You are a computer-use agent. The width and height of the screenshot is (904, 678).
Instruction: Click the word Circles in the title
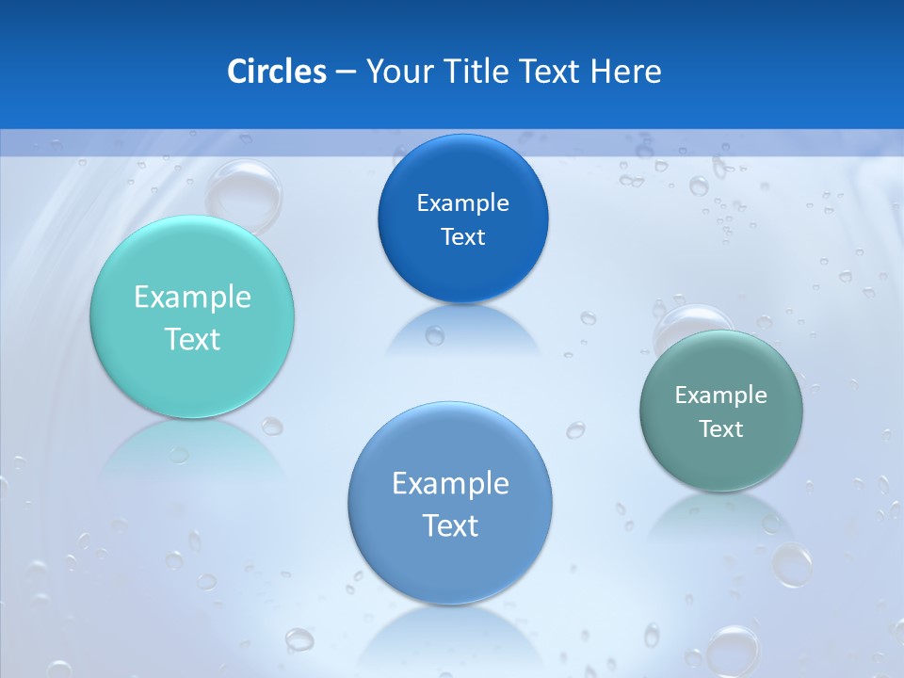coord(276,72)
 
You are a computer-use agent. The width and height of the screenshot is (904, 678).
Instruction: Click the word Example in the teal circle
coord(192,298)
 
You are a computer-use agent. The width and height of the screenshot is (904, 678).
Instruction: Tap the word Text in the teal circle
coord(192,339)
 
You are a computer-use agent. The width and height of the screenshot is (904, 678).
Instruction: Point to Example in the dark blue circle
coord(462,202)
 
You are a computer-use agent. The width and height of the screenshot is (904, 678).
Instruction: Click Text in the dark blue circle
coord(462,236)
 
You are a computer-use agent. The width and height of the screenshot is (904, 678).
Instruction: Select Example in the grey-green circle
coord(721,395)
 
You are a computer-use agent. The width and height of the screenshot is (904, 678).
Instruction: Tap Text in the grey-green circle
coord(721,429)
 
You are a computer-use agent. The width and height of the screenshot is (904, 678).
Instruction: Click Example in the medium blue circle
coord(450,484)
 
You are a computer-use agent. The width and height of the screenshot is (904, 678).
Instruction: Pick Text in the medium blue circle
coord(450,525)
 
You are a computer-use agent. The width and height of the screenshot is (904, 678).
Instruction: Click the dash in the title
coord(345,73)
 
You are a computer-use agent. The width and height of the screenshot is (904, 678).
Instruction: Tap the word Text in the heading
coord(550,72)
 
